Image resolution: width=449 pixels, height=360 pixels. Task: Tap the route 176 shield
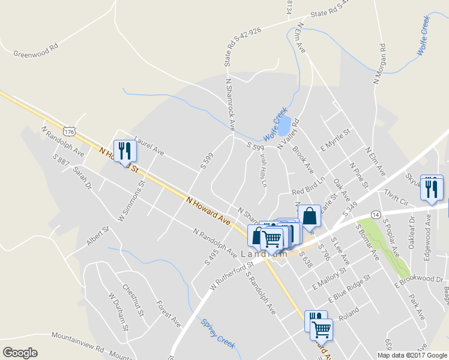[x=70, y=131]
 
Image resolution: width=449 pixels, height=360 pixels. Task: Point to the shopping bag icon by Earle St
[x=309, y=215]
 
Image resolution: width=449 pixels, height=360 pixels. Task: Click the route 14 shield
[x=375, y=214]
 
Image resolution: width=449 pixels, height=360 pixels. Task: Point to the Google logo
[x=20, y=353]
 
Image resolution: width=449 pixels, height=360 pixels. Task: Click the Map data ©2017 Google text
[x=412, y=355]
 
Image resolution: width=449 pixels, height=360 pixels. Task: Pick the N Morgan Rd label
[x=379, y=63]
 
